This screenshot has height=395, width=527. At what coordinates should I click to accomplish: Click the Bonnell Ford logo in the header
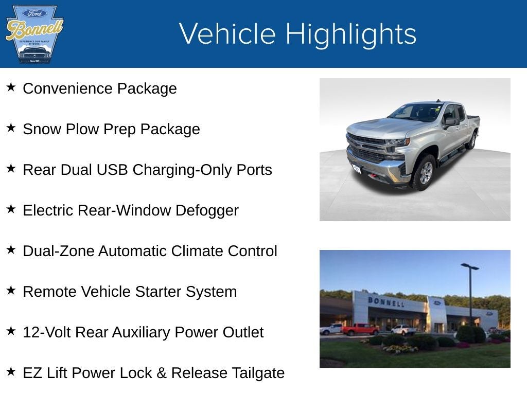34,34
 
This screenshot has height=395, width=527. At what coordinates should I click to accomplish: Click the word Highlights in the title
350,34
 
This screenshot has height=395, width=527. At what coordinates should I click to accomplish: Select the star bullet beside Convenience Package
11,87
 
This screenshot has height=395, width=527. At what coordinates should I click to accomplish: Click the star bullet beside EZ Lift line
11,371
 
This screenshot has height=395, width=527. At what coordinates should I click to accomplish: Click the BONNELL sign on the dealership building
385,301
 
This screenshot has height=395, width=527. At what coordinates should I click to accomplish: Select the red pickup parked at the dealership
360,329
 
